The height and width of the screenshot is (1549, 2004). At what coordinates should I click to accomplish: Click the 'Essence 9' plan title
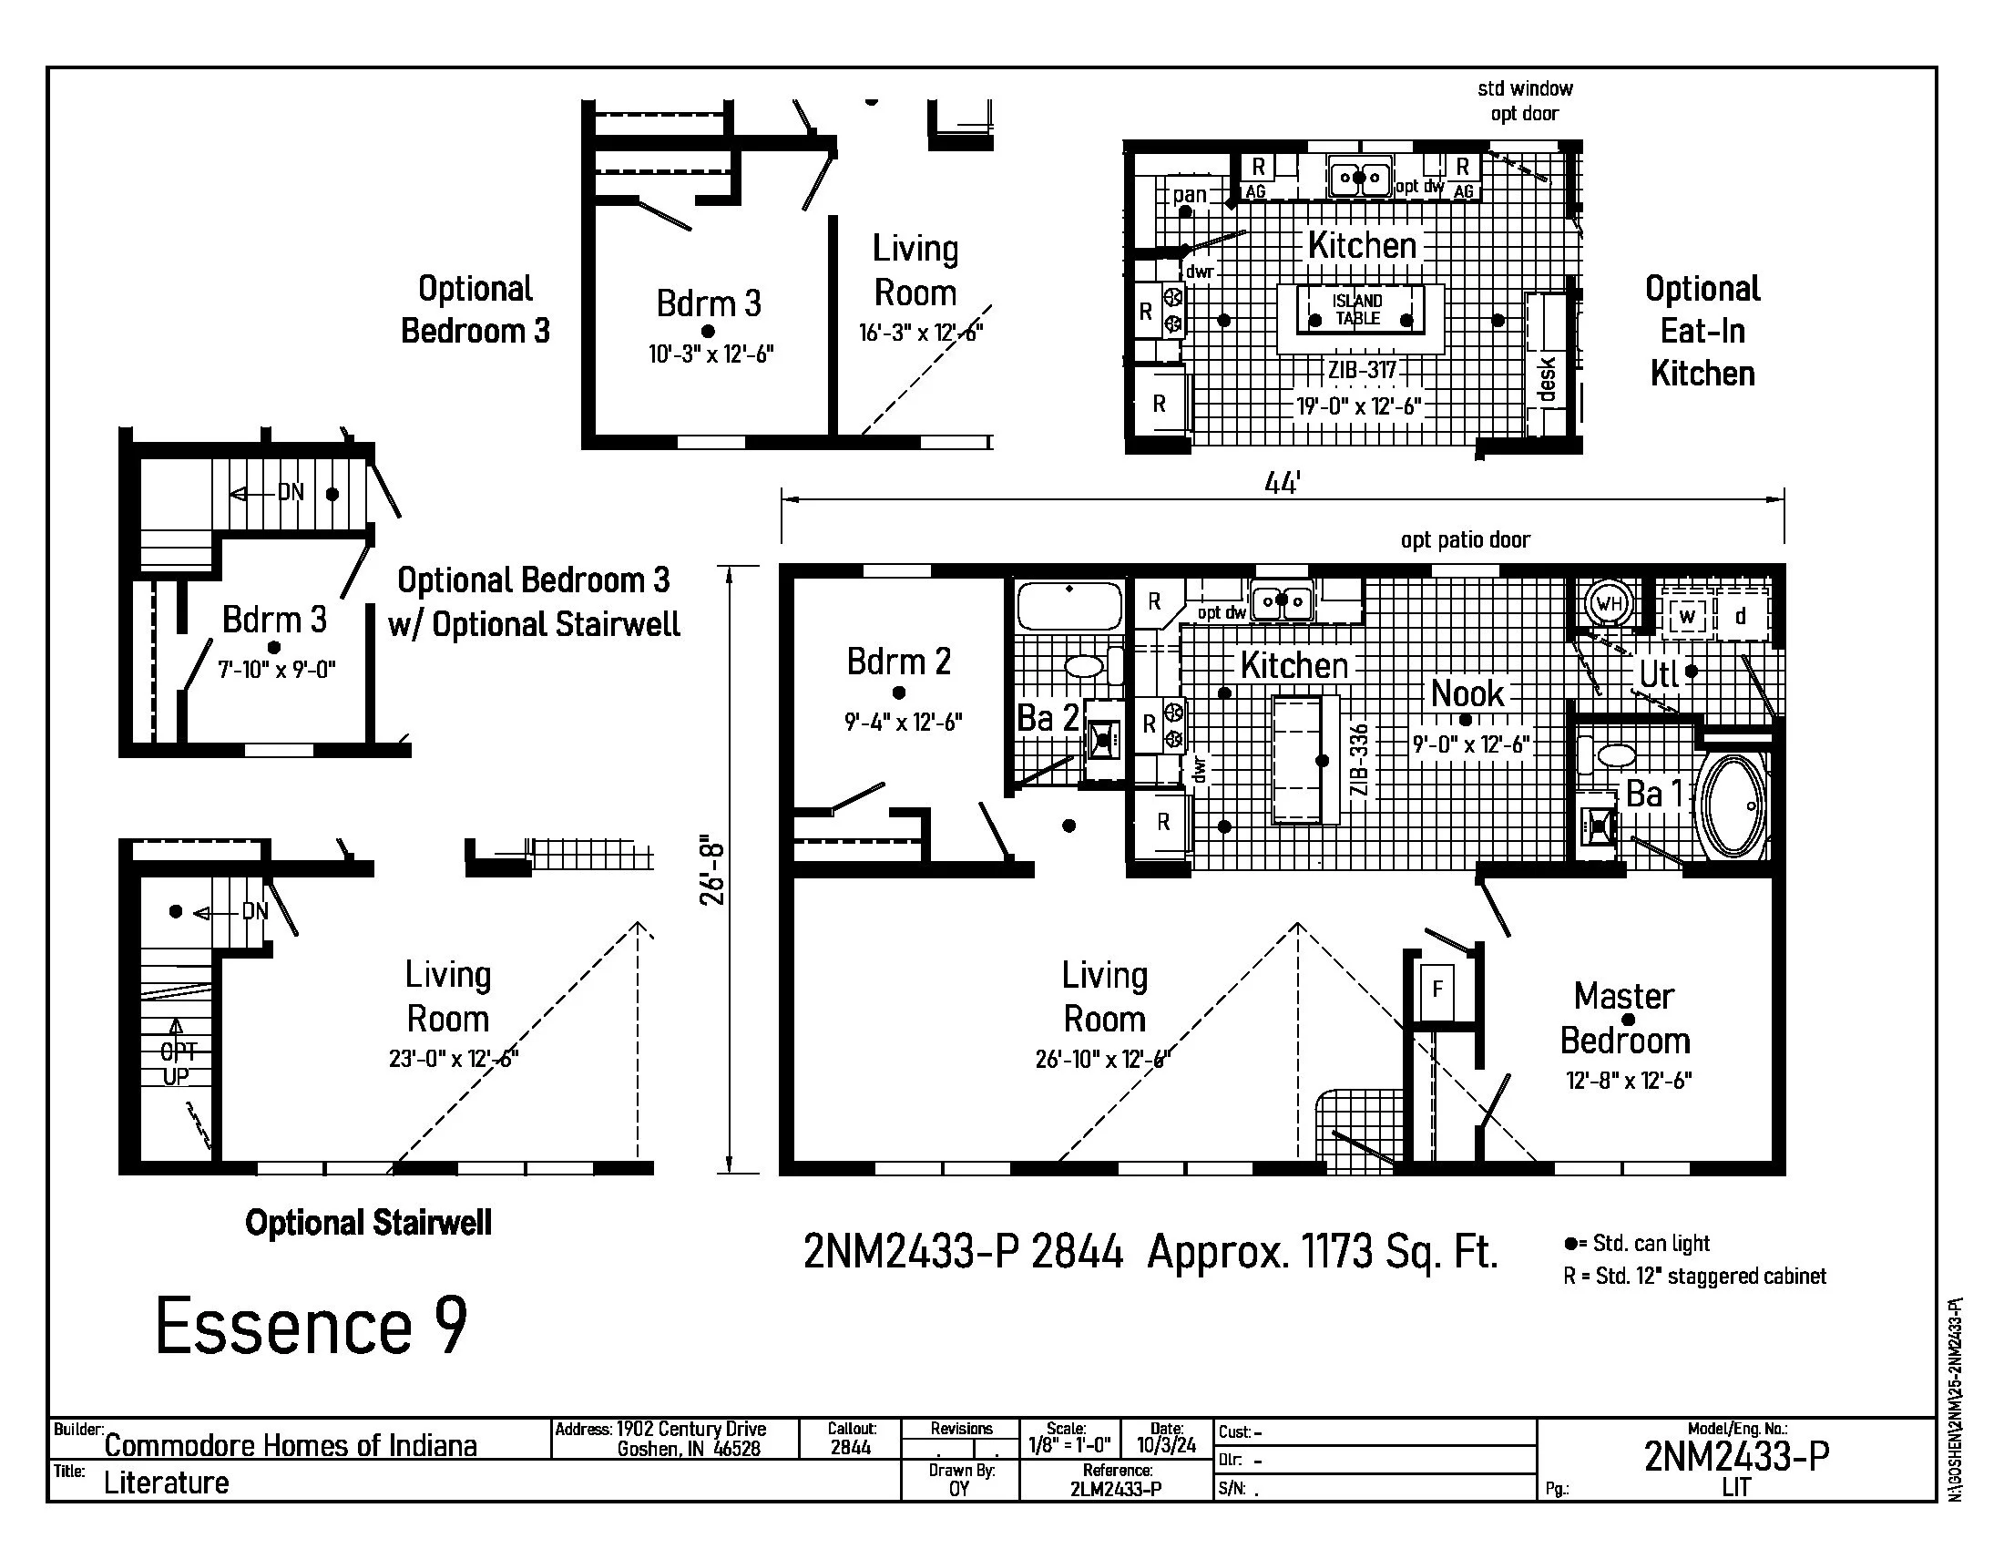point(311,1326)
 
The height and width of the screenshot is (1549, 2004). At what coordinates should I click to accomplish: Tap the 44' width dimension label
point(1282,483)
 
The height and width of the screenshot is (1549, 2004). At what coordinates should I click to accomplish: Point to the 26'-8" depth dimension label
point(713,870)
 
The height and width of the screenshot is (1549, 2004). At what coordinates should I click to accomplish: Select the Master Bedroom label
point(1625,1019)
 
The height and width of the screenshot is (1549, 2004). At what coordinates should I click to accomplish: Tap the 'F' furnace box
point(1437,989)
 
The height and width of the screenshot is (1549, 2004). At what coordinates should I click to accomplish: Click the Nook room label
point(1467,693)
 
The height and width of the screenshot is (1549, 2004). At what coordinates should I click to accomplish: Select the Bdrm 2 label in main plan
point(898,662)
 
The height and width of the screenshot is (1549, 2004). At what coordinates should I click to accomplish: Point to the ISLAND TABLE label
point(1358,309)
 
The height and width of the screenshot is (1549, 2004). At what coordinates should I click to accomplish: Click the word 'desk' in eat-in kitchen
point(1547,379)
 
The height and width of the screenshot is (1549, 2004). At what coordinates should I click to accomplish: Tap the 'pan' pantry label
point(1191,195)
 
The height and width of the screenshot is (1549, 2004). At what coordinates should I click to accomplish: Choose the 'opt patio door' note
point(1466,539)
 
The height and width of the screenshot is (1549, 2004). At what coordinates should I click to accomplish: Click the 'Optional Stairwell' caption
point(368,1222)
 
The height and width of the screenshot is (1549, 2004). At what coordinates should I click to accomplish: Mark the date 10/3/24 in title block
point(1166,1445)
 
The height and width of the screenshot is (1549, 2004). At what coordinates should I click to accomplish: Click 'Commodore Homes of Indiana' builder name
point(290,1446)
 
